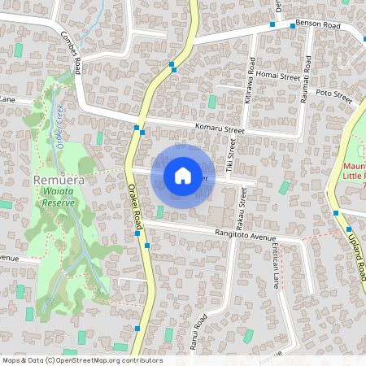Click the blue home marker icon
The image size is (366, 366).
pos(183,176)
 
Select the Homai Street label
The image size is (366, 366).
pos(278,77)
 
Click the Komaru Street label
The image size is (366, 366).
pos(220,129)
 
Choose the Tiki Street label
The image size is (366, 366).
pos(231,155)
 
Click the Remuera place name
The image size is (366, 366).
pos(54,179)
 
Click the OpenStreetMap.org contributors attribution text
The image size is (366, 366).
pos(112,360)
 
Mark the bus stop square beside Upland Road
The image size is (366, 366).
pos(336,212)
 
